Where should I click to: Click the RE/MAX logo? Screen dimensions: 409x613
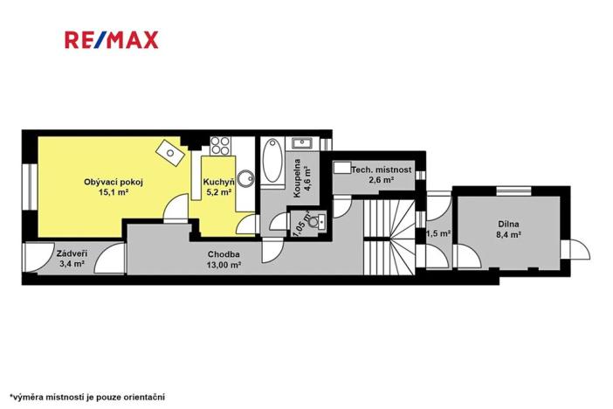(111, 39)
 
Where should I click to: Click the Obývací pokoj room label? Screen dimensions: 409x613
(113, 182)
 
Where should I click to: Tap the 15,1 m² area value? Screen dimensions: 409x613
(113, 192)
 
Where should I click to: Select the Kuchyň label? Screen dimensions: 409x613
(217, 182)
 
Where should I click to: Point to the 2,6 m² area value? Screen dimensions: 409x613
(380, 179)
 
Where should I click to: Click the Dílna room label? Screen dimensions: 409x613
(508, 224)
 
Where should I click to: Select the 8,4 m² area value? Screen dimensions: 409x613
(508, 234)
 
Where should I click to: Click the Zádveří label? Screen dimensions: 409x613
(71, 252)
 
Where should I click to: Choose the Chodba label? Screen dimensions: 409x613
(224, 254)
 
